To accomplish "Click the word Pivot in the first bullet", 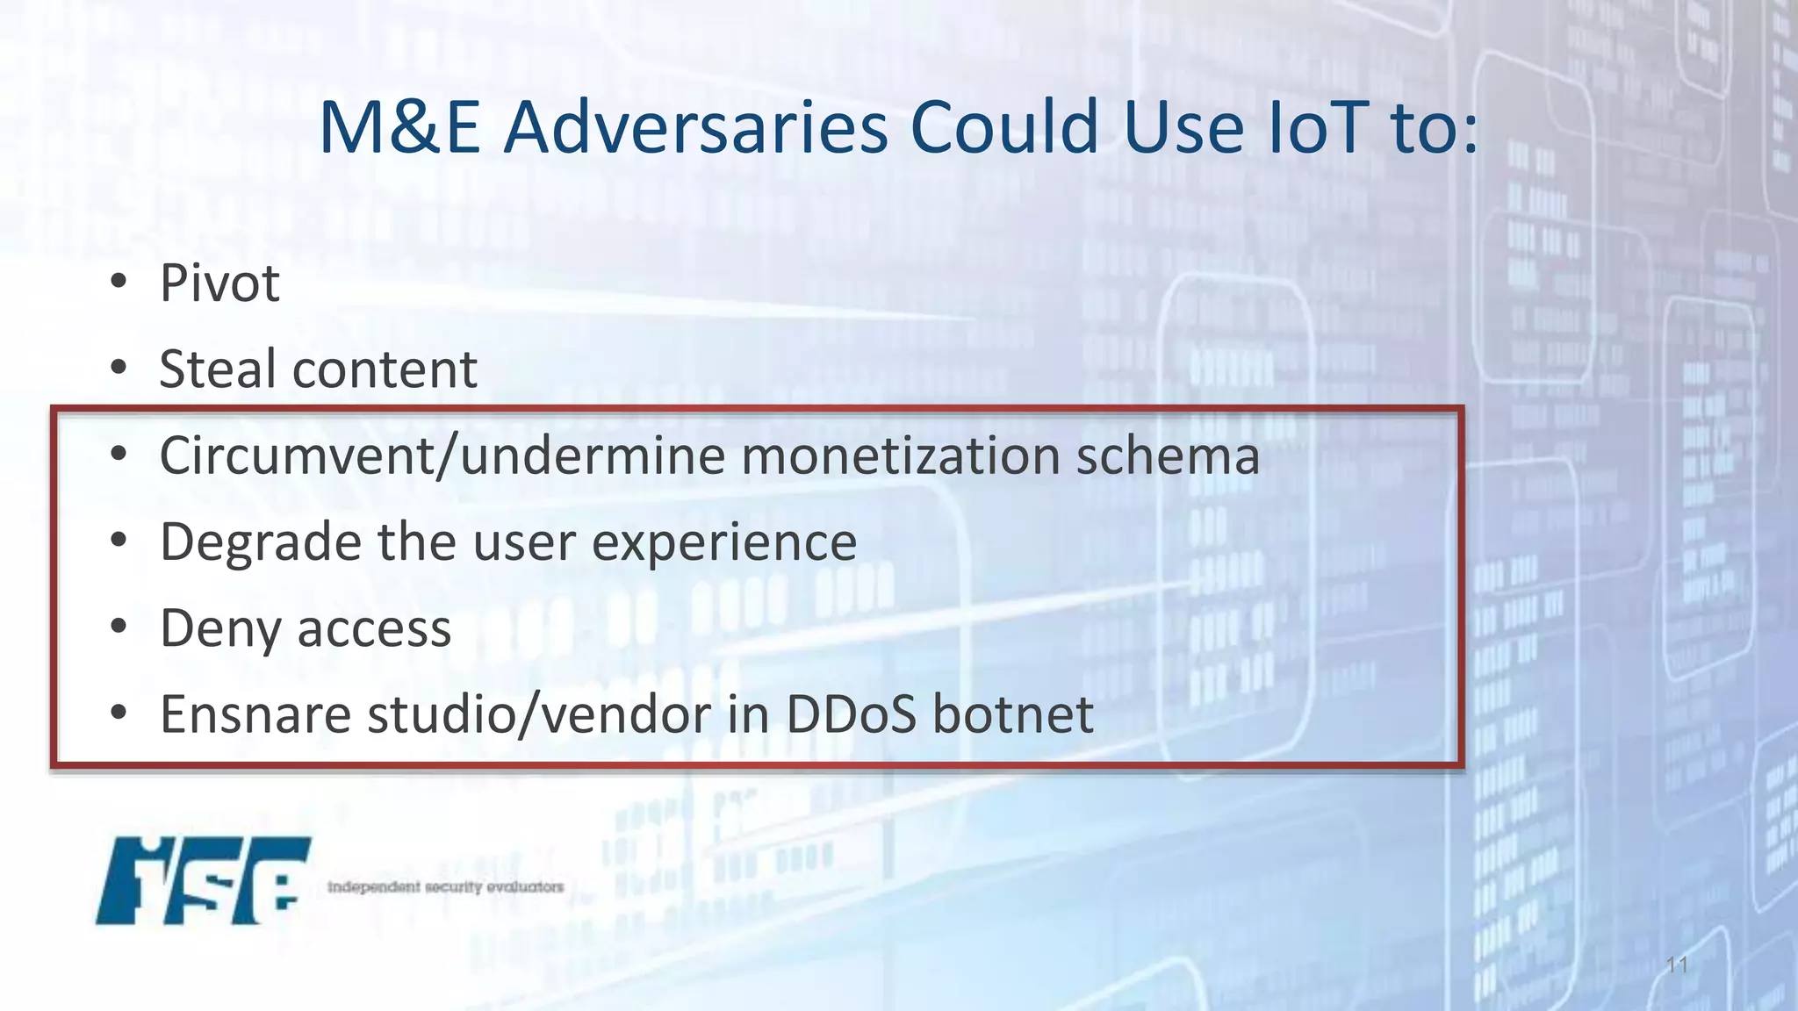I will (x=219, y=283).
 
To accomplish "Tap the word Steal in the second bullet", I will (x=219, y=369).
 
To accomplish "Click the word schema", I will (x=1169, y=456).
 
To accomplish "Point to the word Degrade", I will (x=260, y=543).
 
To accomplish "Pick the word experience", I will (x=724, y=543).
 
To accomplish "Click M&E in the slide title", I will (x=399, y=128).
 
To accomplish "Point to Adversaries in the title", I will (x=696, y=128).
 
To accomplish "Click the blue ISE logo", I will (x=203, y=880).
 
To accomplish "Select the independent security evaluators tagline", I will (x=445, y=886).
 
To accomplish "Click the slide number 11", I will (x=1677, y=965).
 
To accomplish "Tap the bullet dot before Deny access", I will (x=119, y=627).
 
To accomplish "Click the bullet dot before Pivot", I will (x=119, y=282).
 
